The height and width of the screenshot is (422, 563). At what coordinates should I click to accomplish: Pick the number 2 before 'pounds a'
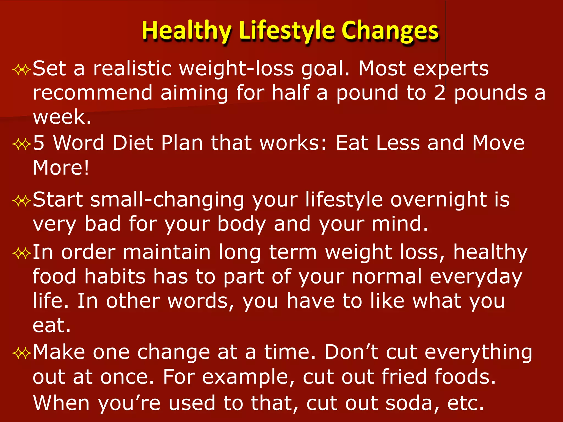point(440,93)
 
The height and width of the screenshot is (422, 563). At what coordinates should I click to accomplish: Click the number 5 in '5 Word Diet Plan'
point(39,143)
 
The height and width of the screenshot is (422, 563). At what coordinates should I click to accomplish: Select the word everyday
point(476,277)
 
